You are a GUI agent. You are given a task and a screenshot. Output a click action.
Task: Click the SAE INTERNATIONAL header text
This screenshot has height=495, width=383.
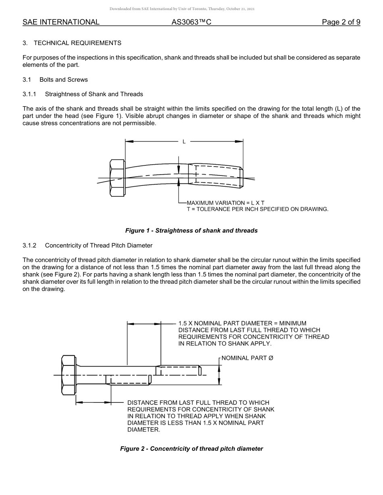coord(61,23)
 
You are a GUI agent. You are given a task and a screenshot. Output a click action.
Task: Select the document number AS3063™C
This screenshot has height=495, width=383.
coord(191,23)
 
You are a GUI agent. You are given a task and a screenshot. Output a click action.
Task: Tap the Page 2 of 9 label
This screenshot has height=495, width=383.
coord(341,23)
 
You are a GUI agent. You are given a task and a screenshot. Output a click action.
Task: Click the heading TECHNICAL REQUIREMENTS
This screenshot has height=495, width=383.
coord(77,43)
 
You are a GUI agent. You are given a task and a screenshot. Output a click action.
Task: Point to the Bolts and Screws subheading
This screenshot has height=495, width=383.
coord(63,80)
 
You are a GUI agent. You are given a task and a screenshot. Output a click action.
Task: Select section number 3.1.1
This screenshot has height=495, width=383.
coord(29,94)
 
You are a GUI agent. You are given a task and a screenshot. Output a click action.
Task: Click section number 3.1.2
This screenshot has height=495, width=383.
coord(29,245)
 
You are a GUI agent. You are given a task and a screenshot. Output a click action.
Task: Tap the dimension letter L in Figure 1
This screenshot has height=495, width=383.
coord(184,142)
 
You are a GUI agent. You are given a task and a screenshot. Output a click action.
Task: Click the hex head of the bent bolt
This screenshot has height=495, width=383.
coord(117,177)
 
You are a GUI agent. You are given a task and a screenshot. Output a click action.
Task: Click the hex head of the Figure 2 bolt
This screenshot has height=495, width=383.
coord(69,375)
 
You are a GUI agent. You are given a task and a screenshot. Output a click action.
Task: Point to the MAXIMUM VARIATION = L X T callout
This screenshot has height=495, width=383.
coord(225,203)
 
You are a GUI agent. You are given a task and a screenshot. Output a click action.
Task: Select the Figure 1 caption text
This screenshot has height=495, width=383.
coord(191,231)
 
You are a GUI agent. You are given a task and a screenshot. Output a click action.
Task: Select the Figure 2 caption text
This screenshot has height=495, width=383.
coord(191,449)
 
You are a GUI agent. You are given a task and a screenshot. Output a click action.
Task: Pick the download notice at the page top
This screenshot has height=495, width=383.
coord(182,9)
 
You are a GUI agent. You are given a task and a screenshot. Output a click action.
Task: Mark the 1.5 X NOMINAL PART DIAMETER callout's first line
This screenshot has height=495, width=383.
coord(242,323)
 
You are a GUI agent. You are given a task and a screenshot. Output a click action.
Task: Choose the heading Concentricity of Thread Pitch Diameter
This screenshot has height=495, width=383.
coord(98,245)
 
